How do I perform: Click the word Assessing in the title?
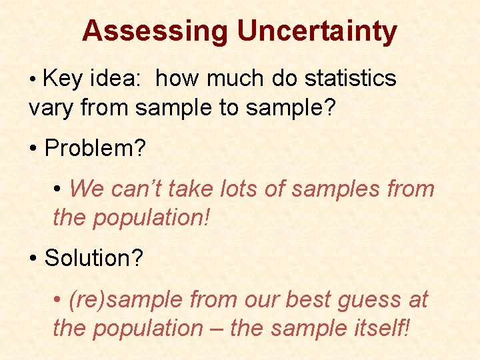155,31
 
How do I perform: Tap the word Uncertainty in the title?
317,31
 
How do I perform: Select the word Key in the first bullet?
63,79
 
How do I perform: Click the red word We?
87,189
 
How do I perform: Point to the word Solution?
94,259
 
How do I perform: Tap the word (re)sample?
126,300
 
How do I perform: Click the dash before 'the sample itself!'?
216,328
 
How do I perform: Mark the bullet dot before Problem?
33,149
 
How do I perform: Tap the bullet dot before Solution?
33,259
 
